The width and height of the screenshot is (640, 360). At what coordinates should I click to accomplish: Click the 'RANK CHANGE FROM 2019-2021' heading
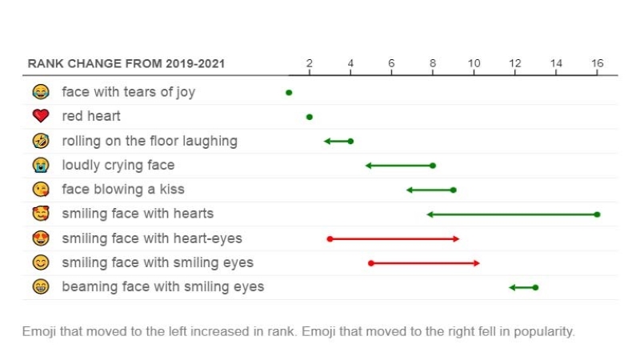[x=126, y=63]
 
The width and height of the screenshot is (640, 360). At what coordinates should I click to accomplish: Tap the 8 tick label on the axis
[x=433, y=63]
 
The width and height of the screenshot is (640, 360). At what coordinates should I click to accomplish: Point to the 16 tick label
[x=597, y=63]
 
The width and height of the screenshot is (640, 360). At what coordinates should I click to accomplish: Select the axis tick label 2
[x=310, y=63]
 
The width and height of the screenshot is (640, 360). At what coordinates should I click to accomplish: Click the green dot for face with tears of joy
[x=289, y=93]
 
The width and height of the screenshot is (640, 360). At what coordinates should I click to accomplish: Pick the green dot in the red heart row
[x=310, y=117]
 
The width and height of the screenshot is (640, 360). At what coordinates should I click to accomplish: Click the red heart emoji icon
[x=40, y=117]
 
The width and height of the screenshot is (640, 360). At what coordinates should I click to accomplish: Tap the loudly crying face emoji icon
[x=40, y=166]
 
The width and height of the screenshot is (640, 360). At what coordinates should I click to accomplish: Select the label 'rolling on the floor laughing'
[x=150, y=141]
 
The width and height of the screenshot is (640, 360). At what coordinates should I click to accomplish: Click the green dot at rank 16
[x=597, y=214]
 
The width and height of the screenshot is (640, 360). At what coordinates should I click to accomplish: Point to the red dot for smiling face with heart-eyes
[x=330, y=238]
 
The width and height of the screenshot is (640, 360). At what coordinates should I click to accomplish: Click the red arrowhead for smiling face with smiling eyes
[x=477, y=262]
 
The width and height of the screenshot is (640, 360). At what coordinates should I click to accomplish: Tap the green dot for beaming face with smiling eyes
[x=535, y=287]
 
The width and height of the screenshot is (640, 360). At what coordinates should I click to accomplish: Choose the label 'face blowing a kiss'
[x=123, y=190]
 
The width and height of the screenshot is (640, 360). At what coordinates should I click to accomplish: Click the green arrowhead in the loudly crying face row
[x=369, y=166]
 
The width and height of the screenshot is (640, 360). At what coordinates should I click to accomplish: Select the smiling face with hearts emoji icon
[x=40, y=214]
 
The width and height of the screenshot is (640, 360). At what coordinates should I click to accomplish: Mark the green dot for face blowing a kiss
[x=454, y=190]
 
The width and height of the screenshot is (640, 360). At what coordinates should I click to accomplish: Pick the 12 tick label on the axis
[x=514, y=63]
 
